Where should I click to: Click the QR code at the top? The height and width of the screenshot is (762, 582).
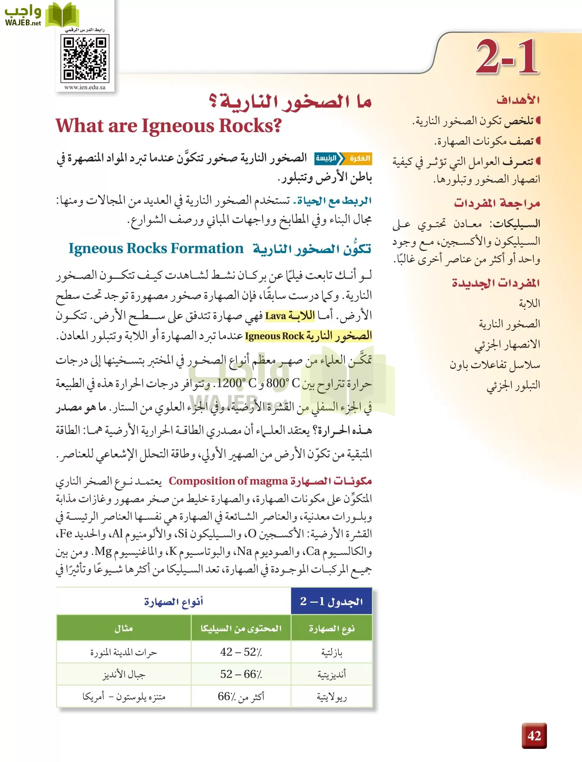(x=85, y=58)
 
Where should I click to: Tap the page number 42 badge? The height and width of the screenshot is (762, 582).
(x=534, y=736)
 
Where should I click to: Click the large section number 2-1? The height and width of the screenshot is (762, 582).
(x=507, y=57)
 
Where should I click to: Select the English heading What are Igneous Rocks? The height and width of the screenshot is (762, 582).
(x=169, y=126)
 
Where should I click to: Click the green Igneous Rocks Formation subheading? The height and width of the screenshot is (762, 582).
(x=156, y=248)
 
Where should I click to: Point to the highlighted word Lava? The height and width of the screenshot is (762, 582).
(x=276, y=316)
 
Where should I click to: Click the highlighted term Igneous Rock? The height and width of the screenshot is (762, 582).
(x=274, y=336)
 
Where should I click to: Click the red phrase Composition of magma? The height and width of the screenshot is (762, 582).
(x=228, y=481)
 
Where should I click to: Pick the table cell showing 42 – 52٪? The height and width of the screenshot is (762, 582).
(x=241, y=652)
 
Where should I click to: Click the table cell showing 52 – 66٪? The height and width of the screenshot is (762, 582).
(x=241, y=674)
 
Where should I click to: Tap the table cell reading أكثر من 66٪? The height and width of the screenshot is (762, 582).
(x=241, y=696)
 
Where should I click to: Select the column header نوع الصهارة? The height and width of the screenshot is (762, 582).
(x=331, y=629)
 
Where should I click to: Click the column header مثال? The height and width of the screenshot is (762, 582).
(x=124, y=629)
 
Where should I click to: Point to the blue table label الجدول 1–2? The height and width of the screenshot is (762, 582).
(x=331, y=602)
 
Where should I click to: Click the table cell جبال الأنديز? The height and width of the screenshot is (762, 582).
(x=124, y=674)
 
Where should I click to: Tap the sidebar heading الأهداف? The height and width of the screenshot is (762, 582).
(x=518, y=100)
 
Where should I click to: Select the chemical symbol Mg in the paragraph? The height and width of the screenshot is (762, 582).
(x=103, y=551)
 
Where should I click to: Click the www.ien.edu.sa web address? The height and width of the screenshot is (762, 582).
(x=85, y=88)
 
